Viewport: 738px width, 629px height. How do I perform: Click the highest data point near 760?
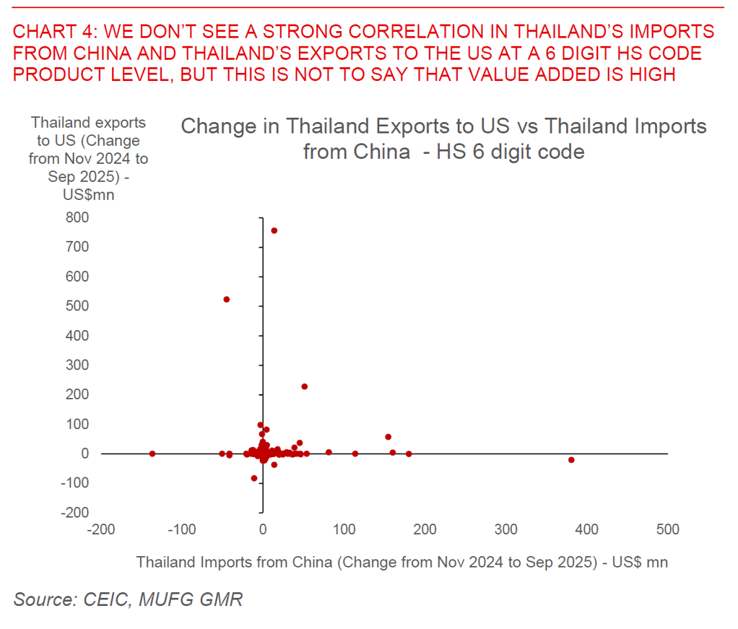[274, 230]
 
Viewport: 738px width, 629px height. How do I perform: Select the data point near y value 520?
[226, 299]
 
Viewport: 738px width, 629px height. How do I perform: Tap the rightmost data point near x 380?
[571, 459]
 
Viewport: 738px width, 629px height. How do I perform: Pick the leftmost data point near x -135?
[152, 454]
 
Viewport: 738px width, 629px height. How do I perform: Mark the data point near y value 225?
[304, 386]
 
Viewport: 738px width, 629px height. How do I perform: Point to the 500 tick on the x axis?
[667, 530]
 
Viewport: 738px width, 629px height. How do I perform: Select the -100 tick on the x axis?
[181, 530]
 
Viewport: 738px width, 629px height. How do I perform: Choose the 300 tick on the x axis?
[505, 530]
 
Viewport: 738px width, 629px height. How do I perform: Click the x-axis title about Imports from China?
[401, 562]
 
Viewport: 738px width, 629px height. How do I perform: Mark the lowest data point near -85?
[254, 478]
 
